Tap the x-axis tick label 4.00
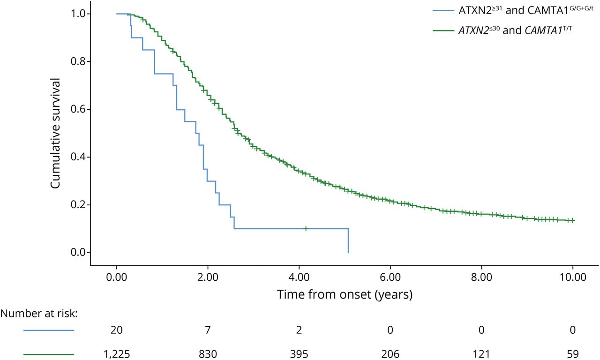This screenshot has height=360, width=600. [299, 277]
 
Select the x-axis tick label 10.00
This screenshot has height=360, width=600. [573, 277]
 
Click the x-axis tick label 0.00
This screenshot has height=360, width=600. [117, 277]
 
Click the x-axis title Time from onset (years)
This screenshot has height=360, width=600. [345, 295]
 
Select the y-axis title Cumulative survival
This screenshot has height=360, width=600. [56, 133]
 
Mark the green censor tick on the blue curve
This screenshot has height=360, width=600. [306, 229]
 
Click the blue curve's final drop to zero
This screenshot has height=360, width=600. [348, 241]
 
